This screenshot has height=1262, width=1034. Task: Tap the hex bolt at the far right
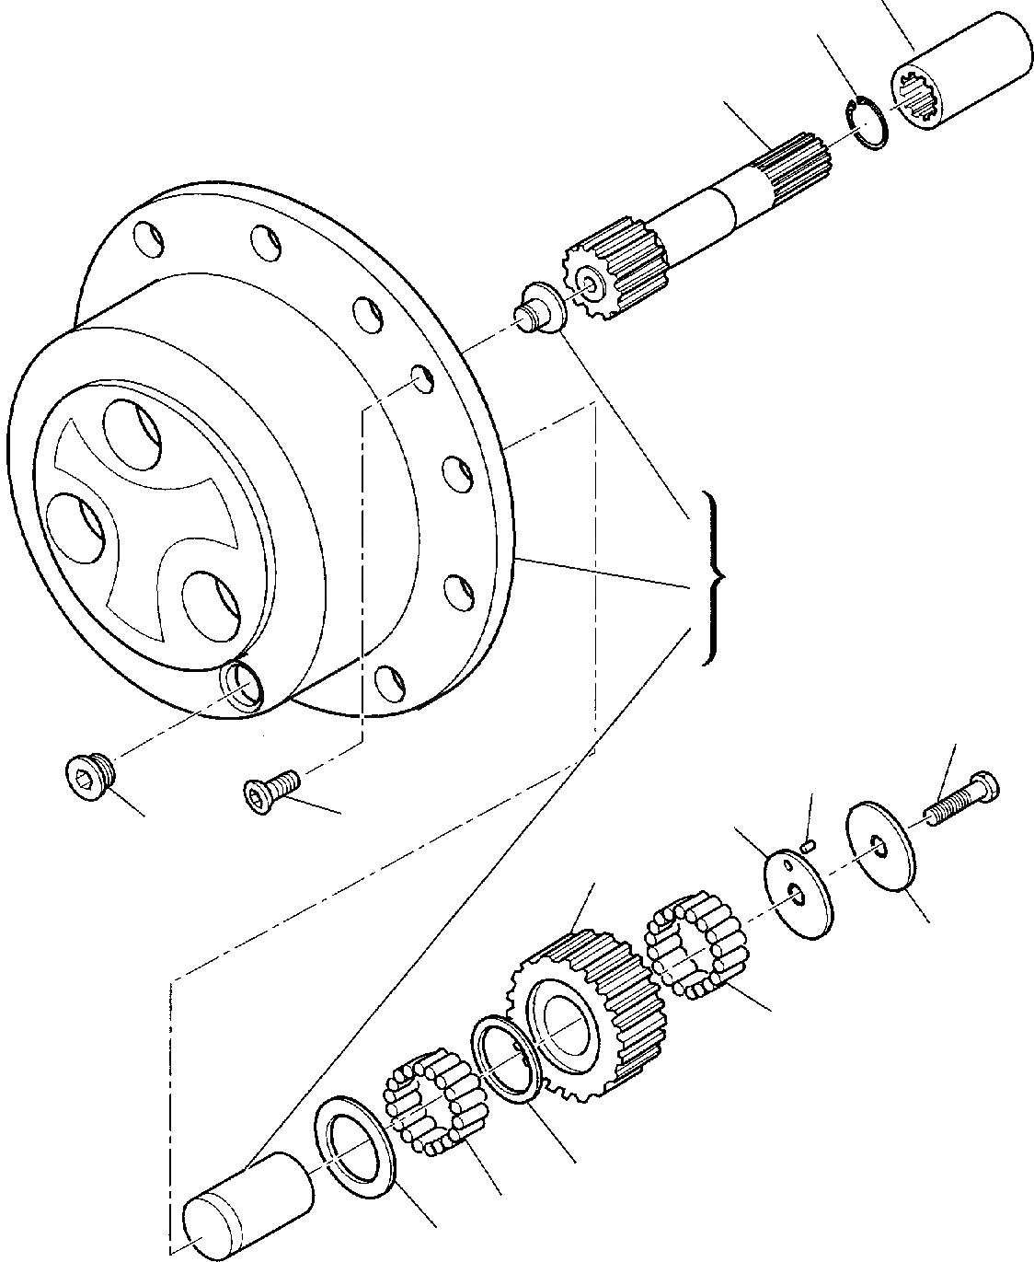[x=961, y=798]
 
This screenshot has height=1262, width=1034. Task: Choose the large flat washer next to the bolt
[x=880, y=848]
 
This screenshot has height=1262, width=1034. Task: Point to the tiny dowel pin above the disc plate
[x=808, y=841]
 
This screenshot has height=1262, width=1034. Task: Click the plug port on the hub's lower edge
[x=244, y=686]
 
